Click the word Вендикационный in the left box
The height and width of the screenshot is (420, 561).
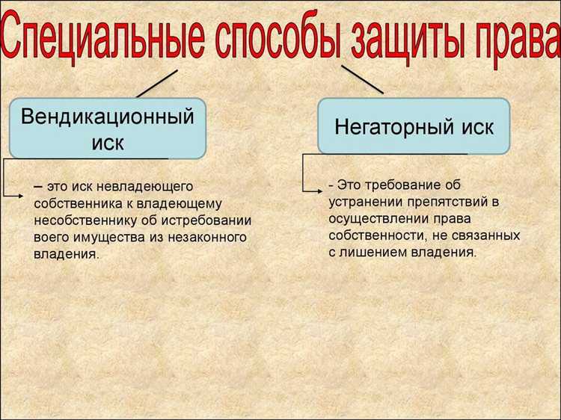click(x=108, y=117)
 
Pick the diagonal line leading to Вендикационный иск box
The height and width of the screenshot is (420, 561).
click(x=157, y=83)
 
